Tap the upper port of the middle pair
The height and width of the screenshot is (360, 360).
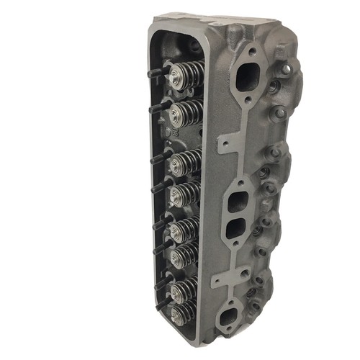point(236,201)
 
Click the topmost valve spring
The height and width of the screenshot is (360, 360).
point(180,78)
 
